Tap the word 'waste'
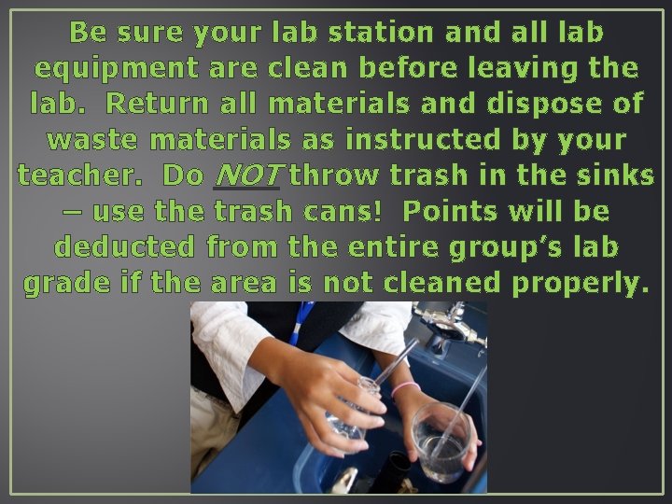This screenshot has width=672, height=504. (92, 139)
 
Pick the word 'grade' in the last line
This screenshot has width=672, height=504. (65, 283)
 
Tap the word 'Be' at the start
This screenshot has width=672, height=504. (88, 32)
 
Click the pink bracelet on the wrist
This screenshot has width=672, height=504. (404, 386)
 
